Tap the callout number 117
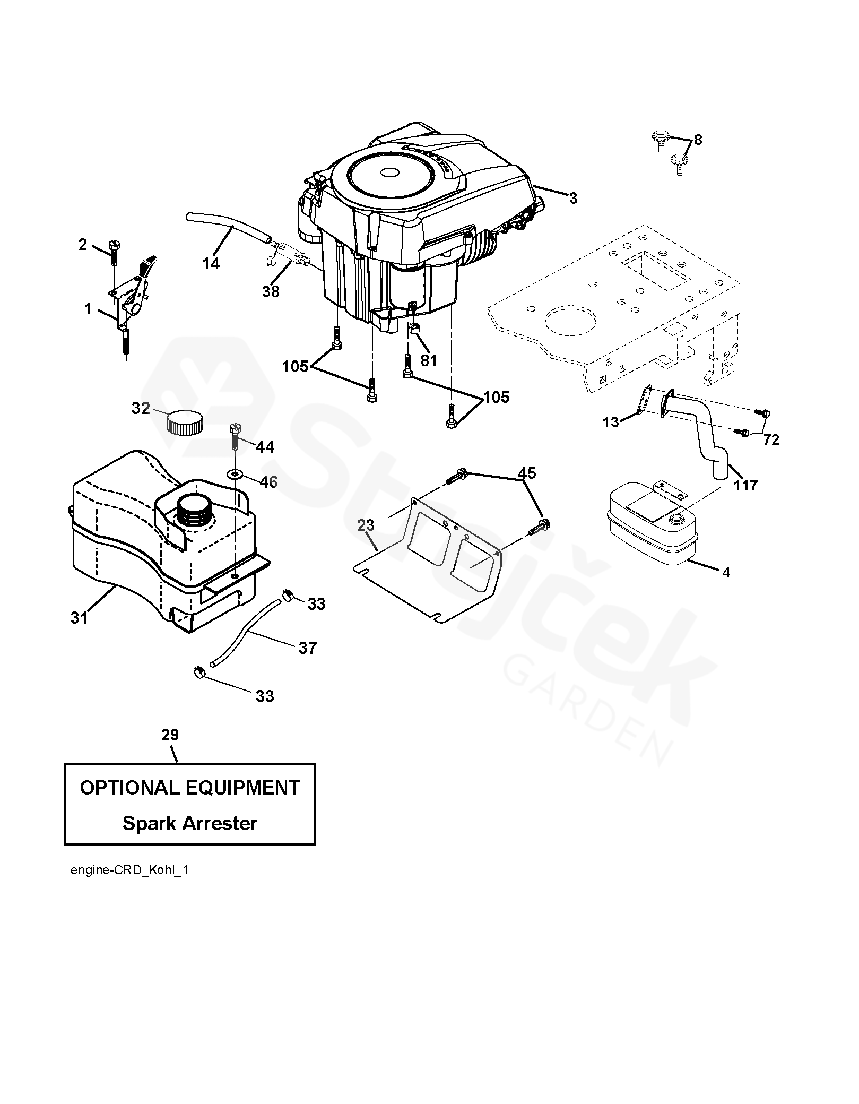click(x=745, y=485)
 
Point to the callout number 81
click(x=428, y=360)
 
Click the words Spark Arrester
click(x=189, y=823)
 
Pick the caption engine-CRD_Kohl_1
click(x=129, y=871)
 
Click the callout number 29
click(x=170, y=735)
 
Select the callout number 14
click(x=211, y=263)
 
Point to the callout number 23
click(x=366, y=525)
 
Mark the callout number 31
click(x=80, y=618)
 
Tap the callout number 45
click(x=527, y=473)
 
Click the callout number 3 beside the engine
click(x=572, y=199)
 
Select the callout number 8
click(x=698, y=140)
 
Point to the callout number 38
click(x=271, y=291)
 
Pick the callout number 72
click(x=771, y=439)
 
